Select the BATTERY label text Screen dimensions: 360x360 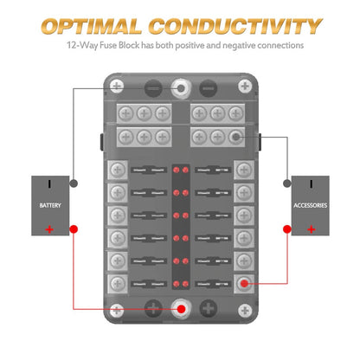point(51,206)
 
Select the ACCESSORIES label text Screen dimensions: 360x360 point(309,206)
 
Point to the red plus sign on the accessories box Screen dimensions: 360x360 point(309,228)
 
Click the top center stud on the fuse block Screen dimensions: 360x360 point(181,87)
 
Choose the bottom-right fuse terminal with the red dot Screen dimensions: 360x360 point(245,283)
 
